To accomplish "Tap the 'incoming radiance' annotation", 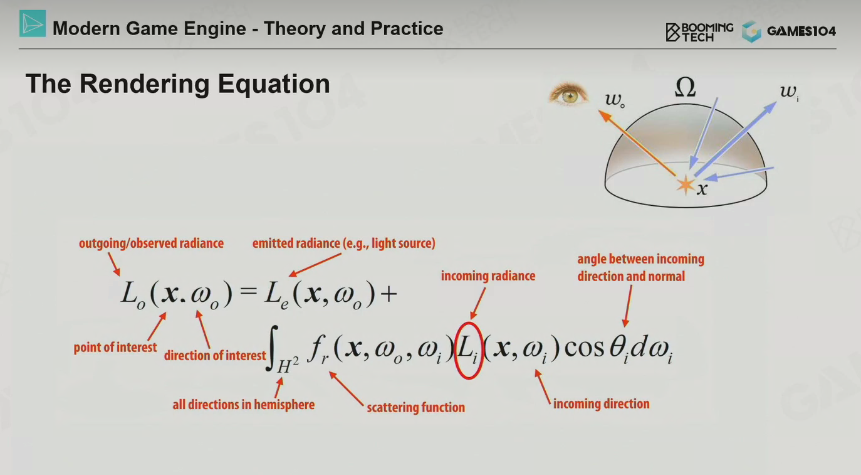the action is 488,276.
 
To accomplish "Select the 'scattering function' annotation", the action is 416,407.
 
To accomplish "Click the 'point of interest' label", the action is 115,348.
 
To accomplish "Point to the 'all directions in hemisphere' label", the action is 244,405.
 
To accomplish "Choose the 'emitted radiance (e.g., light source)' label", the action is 344,243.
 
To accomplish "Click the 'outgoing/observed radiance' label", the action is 152,243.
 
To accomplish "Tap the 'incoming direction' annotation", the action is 602,404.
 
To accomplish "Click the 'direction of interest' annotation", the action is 215,355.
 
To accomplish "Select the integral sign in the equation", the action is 272,348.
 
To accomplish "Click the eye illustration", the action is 568,93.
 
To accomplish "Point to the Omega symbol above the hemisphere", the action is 686,87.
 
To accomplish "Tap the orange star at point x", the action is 686,185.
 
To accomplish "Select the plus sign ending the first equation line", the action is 389,294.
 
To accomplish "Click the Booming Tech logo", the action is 699,31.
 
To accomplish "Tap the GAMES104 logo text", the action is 801,31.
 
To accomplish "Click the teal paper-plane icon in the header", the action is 33,24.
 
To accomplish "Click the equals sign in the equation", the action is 248,292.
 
